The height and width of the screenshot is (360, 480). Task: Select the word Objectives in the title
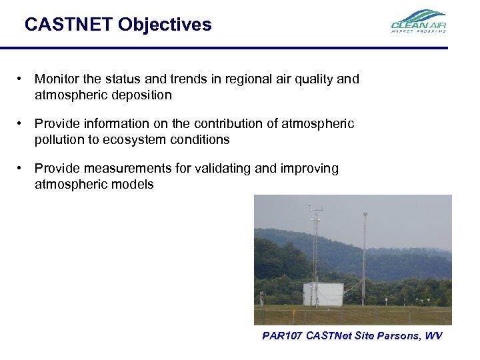pos(165,25)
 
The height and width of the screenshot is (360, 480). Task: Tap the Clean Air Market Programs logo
pos(418,21)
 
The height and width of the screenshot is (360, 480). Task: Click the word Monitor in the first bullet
pos(56,80)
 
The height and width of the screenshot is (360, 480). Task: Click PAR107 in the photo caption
pos(282,336)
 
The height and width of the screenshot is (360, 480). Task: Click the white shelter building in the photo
pos(323,294)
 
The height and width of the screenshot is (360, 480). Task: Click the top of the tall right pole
pos(365,215)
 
